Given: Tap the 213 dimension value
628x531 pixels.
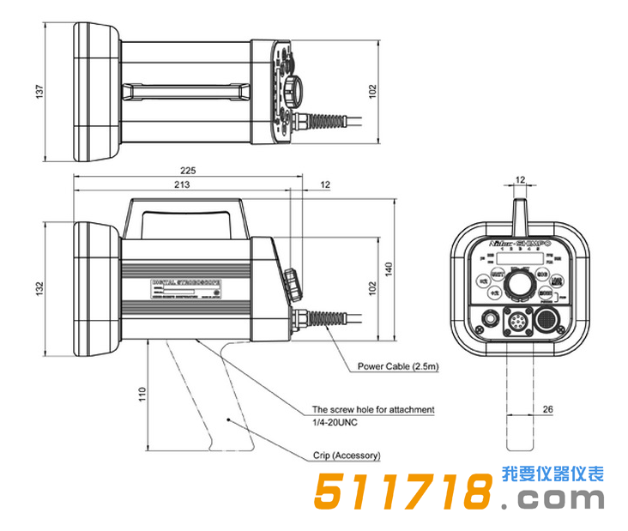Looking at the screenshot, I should (x=181, y=184).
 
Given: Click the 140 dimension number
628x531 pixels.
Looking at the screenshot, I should (x=388, y=271).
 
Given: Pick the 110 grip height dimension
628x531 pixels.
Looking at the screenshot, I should (x=142, y=394).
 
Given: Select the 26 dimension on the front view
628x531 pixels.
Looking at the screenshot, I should (x=546, y=409).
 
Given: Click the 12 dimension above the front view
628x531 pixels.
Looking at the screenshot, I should (x=519, y=179).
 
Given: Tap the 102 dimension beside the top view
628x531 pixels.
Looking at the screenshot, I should (x=371, y=92).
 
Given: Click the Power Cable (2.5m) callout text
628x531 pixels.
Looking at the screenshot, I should (x=398, y=366).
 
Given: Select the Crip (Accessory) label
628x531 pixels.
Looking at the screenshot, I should (x=346, y=456).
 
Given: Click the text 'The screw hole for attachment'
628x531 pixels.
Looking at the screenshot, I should (x=372, y=410).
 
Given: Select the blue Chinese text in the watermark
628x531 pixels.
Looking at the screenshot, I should (x=553, y=474).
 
